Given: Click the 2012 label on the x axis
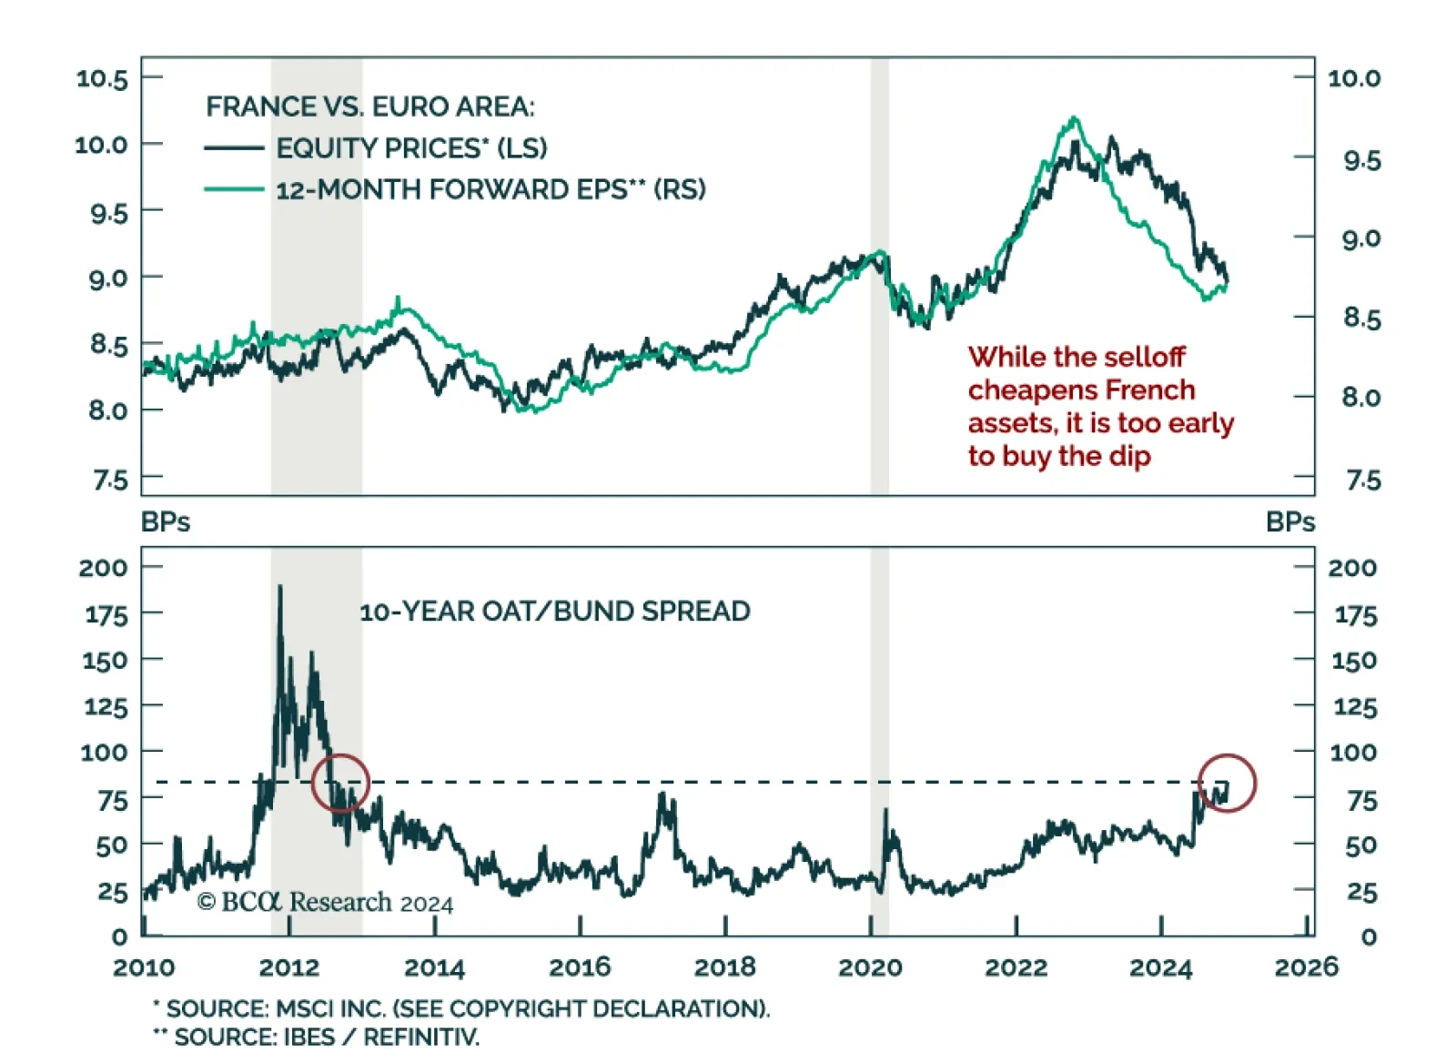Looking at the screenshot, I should [x=288, y=967].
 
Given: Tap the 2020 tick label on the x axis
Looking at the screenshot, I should [x=870, y=967].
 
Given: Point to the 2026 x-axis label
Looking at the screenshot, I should [x=1306, y=967].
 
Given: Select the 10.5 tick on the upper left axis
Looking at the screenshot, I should [x=102, y=78].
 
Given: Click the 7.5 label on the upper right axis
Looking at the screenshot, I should [x=1362, y=480].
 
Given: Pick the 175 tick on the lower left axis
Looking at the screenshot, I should [x=106, y=615].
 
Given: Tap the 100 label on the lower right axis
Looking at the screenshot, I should [x=1353, y=753].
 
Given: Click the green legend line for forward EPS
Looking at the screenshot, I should [x=234, y=189].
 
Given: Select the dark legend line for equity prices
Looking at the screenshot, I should [x=234, y=147].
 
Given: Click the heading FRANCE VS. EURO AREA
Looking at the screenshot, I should [x=369, y=106].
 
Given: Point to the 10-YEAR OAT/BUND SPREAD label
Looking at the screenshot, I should [x=555, y=612].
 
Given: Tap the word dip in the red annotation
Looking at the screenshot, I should [x=1129, y=456].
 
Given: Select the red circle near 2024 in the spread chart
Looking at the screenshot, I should [x=1227, y=783].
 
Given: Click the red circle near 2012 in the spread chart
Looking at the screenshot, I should [x=340, y=783].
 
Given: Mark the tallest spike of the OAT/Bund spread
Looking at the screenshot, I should [x=279, y=587].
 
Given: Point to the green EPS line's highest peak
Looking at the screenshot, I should [x=1075, y=118].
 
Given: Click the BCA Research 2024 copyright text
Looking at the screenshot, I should [x=325, y=902].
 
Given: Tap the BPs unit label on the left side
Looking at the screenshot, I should [x=166, y=522].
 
